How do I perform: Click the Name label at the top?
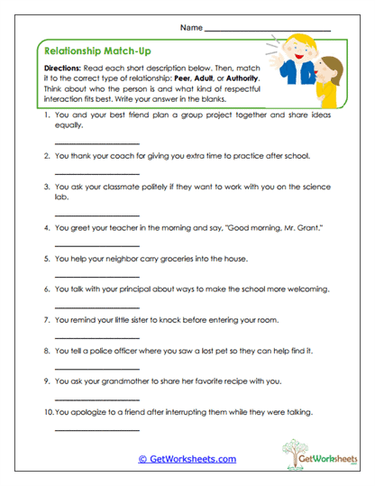[191, 28]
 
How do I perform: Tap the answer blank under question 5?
[97, 274]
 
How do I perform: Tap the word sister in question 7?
[150, 320]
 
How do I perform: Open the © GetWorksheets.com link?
[187, 459]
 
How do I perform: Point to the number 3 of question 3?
[45, 187]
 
